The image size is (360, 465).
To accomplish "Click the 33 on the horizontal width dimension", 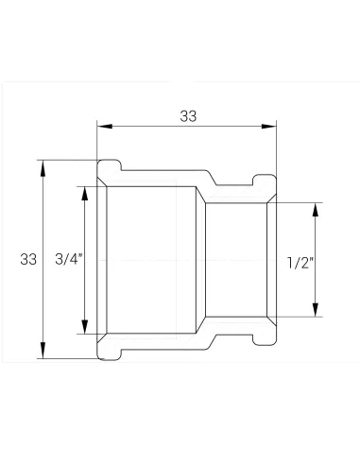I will click(x=188, y=115).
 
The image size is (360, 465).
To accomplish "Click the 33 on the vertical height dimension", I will click(x=27, y=258).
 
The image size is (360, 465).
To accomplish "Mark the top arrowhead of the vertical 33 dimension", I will click(x=43, y=163).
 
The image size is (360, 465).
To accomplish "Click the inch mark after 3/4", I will click(x=80, y=255).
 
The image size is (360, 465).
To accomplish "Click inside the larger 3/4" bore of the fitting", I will click(x=151, y=258).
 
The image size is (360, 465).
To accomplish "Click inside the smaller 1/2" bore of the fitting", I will click(x=236, y=258).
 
